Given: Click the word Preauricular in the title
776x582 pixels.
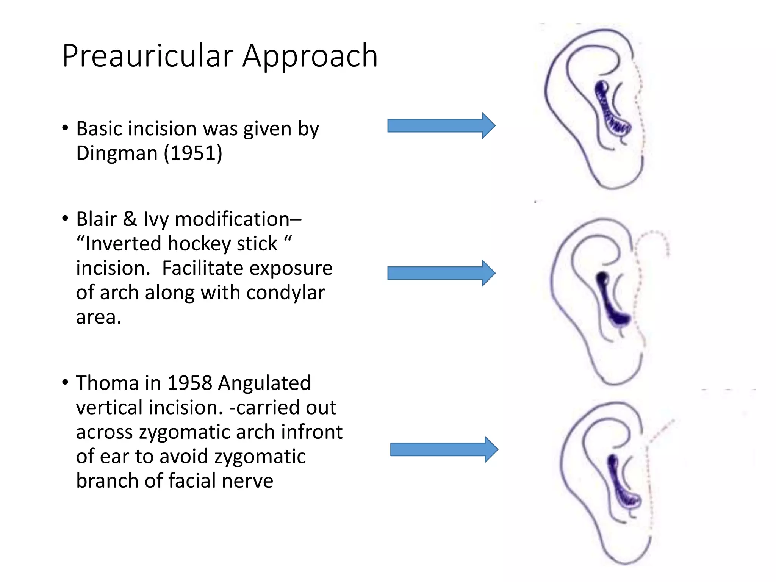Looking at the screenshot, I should (x=148, y=56).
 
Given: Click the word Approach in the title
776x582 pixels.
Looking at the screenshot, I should (x=310, y=56).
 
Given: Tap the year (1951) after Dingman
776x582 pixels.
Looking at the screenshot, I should (x=193, y=153).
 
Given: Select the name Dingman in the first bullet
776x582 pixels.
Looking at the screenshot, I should (x=117, y=153).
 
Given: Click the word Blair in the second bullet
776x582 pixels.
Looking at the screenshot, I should (x=96, y=219).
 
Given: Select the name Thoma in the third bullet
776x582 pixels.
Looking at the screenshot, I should (x=107, y=383).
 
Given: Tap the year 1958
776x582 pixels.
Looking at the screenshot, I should (x=189, y=383).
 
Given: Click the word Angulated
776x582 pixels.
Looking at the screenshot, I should (x=264, y=383).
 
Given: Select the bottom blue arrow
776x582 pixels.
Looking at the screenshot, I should (x=443, y=449).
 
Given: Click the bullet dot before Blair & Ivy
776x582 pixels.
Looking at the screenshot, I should (x=65, y=219).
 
